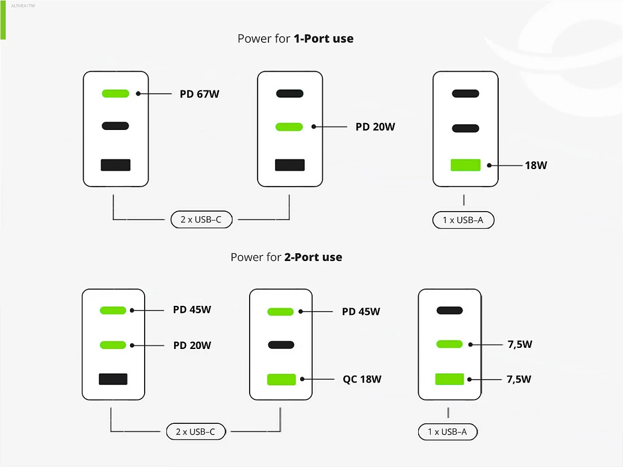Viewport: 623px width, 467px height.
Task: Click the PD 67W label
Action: pos(200,94)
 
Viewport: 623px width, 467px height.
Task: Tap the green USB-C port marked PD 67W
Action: pos(116,94)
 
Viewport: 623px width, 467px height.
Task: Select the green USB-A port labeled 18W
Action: pos(465,165)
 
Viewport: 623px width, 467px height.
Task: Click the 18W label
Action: pos(536,165)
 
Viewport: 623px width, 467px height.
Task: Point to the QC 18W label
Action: pos(362,379)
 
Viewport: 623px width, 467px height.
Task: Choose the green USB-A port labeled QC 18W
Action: pos(281,380)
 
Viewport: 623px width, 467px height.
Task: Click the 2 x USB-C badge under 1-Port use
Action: pos(201,220)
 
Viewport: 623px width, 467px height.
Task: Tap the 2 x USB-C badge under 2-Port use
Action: pos(196,432)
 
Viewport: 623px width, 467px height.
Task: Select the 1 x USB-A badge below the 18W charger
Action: pos(463,220)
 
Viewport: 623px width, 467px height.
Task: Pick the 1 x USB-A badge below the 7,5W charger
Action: pos(448,432)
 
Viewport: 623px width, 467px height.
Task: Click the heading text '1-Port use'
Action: pos(323,39)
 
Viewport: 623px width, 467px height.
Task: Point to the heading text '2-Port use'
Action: pos(313,257)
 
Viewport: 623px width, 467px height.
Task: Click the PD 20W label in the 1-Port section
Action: pos(375,127)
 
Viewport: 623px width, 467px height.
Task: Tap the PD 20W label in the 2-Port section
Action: pos(192,346)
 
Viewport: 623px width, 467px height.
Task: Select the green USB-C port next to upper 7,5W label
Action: pos(449,344)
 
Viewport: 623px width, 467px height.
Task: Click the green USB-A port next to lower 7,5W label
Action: pos(449,379)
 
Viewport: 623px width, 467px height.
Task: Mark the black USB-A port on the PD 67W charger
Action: pos(116,165)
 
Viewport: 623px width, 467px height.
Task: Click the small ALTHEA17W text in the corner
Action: pos(23,6)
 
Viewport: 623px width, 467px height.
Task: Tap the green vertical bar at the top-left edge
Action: pos(3,20)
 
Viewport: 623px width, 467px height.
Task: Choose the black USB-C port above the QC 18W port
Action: pos(281,345)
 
